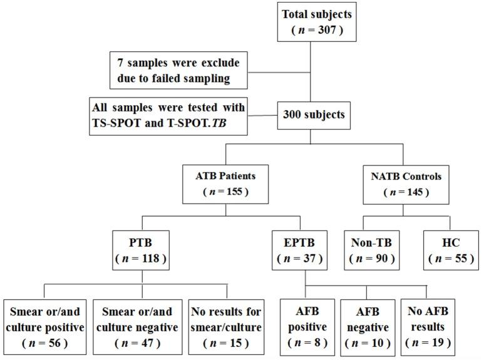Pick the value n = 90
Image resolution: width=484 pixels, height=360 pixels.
coord(371,257)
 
